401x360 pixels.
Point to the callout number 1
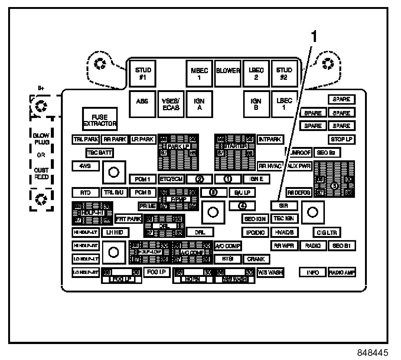(x=314, y=36)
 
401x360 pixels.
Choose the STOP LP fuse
(x=341, y=140)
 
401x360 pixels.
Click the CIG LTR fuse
(x=327, y=233)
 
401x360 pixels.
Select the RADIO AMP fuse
(x=342, y=273)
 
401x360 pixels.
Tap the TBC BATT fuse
(x=99, y=153)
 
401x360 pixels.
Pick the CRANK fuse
(x=256, y=259)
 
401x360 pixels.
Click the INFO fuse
(x=313, y=273)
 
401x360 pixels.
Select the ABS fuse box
(x=143, y=104)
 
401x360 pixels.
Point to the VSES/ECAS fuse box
(x=171, y=104)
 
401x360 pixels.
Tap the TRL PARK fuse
(x=86, y=140)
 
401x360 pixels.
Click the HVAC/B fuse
(x=284, y=233)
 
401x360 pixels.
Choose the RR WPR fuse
(x=284, y=246)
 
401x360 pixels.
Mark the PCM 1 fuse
(x=143, y=179)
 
